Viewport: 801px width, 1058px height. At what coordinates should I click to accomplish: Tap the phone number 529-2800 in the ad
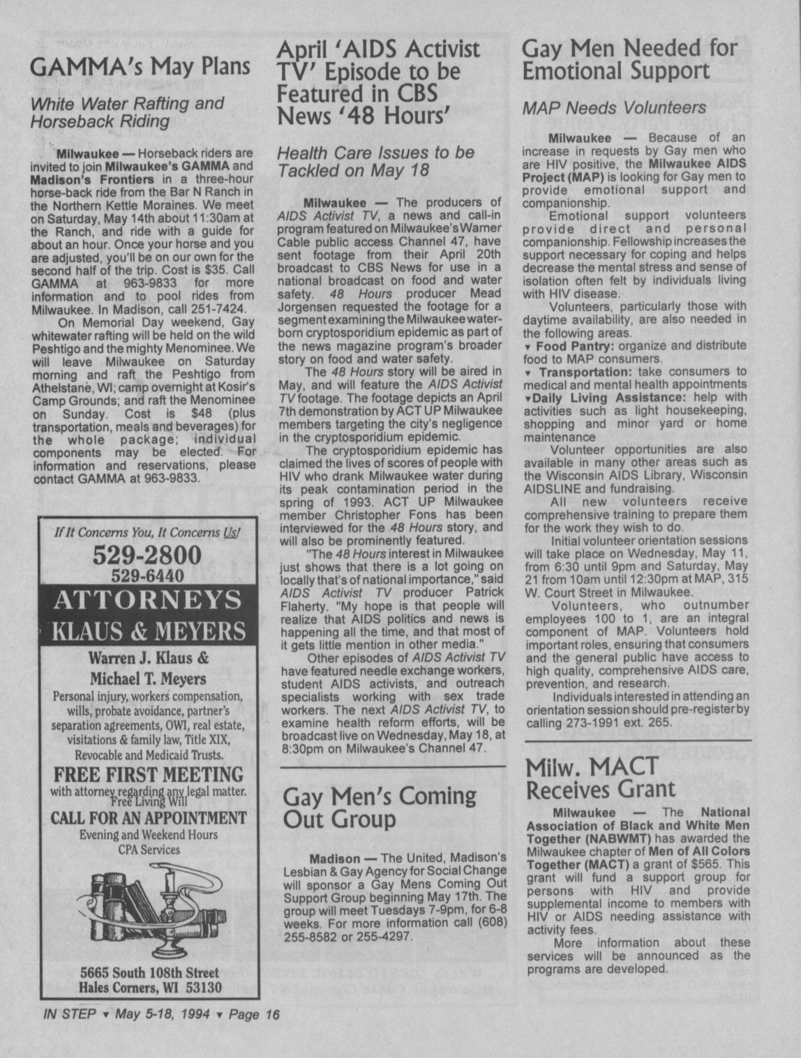147,555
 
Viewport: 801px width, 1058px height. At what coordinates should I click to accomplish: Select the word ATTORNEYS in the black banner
147,600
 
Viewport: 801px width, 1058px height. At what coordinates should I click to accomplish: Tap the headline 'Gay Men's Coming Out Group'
379,806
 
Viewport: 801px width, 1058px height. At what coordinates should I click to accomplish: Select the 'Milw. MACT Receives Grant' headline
600,778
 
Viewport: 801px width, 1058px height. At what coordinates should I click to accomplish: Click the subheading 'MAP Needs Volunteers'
614,108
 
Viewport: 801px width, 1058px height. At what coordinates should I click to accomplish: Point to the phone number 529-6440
147,575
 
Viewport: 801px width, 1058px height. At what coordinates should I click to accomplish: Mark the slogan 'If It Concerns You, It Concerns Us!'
147,533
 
